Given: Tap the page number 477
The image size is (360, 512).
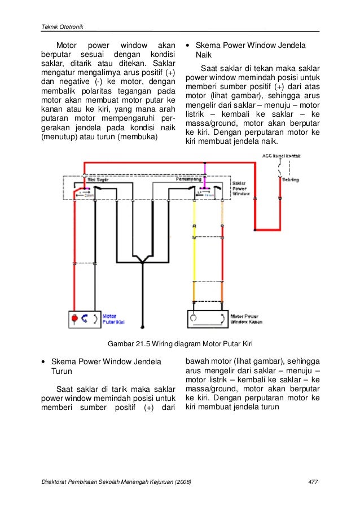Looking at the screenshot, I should [313, 481].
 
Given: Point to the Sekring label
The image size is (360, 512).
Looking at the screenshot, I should [291, 180].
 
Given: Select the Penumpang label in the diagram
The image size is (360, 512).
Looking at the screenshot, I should [187, 179].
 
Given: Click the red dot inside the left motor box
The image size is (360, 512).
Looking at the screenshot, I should [74, 318].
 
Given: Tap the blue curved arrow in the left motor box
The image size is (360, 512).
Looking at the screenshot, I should [86, 318].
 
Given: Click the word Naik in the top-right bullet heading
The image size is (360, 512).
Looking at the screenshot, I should [204, 55].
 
